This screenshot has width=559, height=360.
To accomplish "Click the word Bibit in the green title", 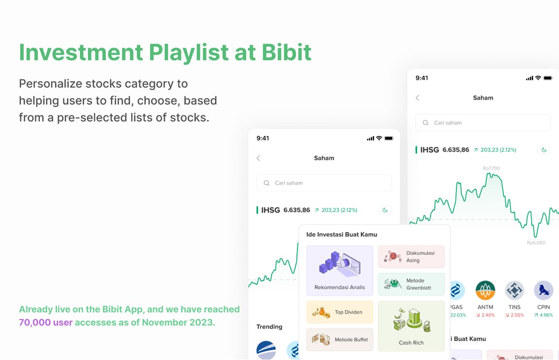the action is tap(286, 52).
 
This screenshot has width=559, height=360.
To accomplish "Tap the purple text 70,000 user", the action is tap(46, 322).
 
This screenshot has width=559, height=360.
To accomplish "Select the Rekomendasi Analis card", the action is tap(340, 270).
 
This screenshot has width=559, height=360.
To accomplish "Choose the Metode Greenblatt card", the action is tap(411, 284).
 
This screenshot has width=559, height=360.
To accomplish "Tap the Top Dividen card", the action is tap(340, 312).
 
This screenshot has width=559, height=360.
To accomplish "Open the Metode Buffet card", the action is tap(340, 339).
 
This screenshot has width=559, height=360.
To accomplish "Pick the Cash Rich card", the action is tap(411, 326).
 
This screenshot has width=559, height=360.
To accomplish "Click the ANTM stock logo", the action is tap(485, 290).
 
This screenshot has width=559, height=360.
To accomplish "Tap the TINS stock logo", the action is tap(514, 290).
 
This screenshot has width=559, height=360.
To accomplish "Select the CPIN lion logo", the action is tap(544, 290).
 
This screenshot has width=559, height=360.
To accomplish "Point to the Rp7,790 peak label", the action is tap(491, 168).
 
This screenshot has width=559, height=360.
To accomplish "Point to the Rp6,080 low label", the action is tap(536, 242).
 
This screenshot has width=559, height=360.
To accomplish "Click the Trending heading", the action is tap(269, 326).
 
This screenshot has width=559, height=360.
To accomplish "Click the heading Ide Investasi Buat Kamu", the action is tap(342, 235).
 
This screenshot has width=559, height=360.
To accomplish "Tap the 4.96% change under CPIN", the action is tap(544, 315).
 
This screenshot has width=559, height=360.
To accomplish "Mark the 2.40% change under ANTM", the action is tap(485, 315).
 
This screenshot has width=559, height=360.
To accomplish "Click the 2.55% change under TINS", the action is tap(514, 315).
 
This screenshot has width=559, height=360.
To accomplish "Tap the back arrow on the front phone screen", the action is tap(259, 158).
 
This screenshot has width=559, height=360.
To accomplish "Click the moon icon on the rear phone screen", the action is tap(544, 150).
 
